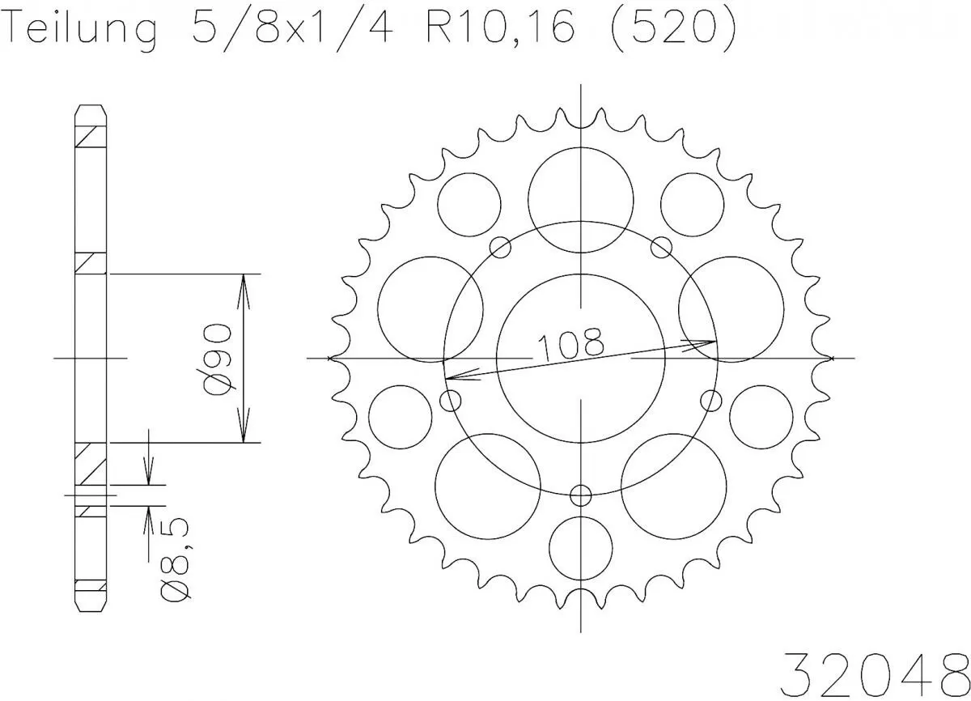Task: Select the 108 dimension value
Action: pyautogui.click(x=570, y=345)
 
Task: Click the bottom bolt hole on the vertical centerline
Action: pyautogui.click(x=581, y=495)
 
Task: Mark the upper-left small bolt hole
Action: pyautogui.click(x=502, y=247)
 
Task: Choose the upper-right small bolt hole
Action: pyautogui.click(x=661, y=246)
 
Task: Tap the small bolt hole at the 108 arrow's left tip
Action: pyautogui.click(x=451, y=400)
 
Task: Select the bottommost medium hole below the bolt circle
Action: pyautogui.click(x=581, y=546)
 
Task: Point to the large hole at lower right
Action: pyautogui.click(x=673, y=484)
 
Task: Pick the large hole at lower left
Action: pyautogui.click(x=487, y=484)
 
